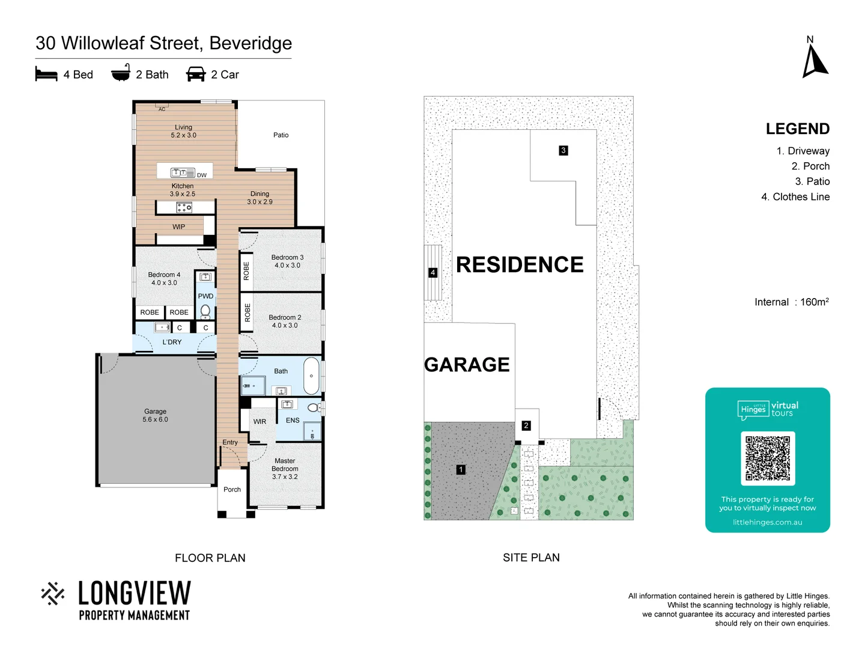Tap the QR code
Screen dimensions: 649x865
coord(768,458)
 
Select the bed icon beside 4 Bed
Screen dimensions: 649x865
coord(46,75)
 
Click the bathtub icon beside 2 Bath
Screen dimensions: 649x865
coord(121,73)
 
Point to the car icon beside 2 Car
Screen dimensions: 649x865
coord(196,75)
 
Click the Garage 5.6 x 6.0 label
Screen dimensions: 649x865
coord(155,415)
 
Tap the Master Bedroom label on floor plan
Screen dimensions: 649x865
coord(285,469)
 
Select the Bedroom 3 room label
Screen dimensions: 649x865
coord(287,261)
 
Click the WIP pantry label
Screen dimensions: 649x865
coord(178,227)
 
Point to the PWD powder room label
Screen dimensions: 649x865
coord(205,296)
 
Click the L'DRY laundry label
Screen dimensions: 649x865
coord(172,342)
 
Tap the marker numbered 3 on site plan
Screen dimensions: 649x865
coord(563,150)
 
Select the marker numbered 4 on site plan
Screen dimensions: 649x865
coord(432,273)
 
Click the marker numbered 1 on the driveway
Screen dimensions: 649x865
coord(461,469)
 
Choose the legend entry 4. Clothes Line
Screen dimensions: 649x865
coord(795,197)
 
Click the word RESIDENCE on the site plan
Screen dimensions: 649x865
coord(520,264)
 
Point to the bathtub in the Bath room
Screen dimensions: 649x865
coord(311,376)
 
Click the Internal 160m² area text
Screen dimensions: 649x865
coord(791,302)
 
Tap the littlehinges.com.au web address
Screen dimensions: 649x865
coord(767,522)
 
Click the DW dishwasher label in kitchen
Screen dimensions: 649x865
coord(202,175)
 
